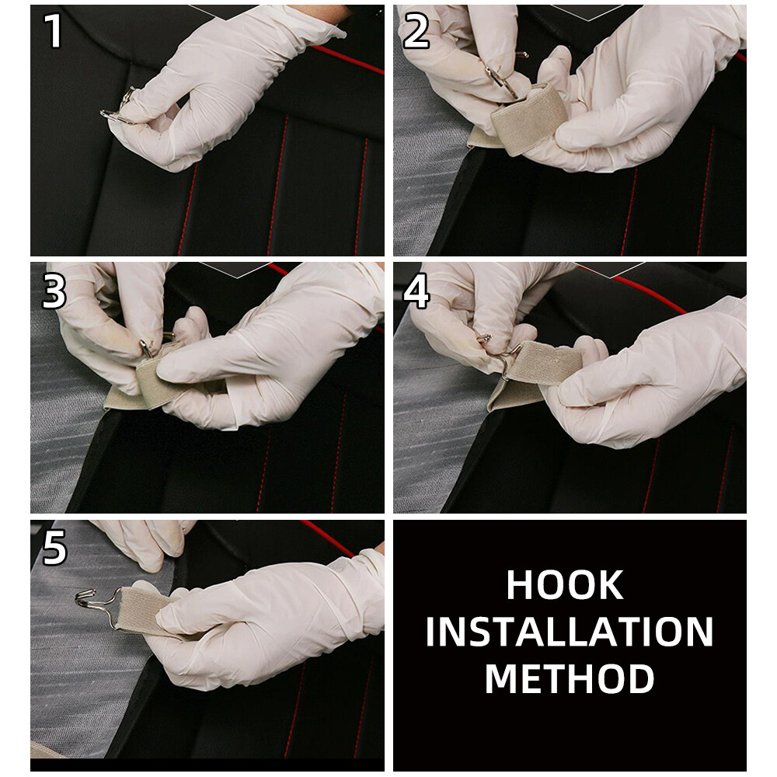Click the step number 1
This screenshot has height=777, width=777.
click(x=54, y=31)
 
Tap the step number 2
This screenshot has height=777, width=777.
click(x=416, y=31)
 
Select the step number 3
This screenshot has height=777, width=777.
click(x=54, y=291)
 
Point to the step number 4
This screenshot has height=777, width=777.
click(x=416, y=292)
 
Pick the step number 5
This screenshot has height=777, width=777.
click(x=54, y=548)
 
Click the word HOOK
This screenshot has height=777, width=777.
click(x=564, y=585)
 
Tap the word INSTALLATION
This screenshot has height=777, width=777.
click(x=570, y=632)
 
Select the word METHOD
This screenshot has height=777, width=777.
click(x=570, y=678)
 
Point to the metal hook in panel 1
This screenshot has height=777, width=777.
click(x=119, y=106)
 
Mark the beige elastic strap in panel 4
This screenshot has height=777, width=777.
click(x=535, y=371)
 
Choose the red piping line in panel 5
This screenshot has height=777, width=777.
click(x=327, y=538)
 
